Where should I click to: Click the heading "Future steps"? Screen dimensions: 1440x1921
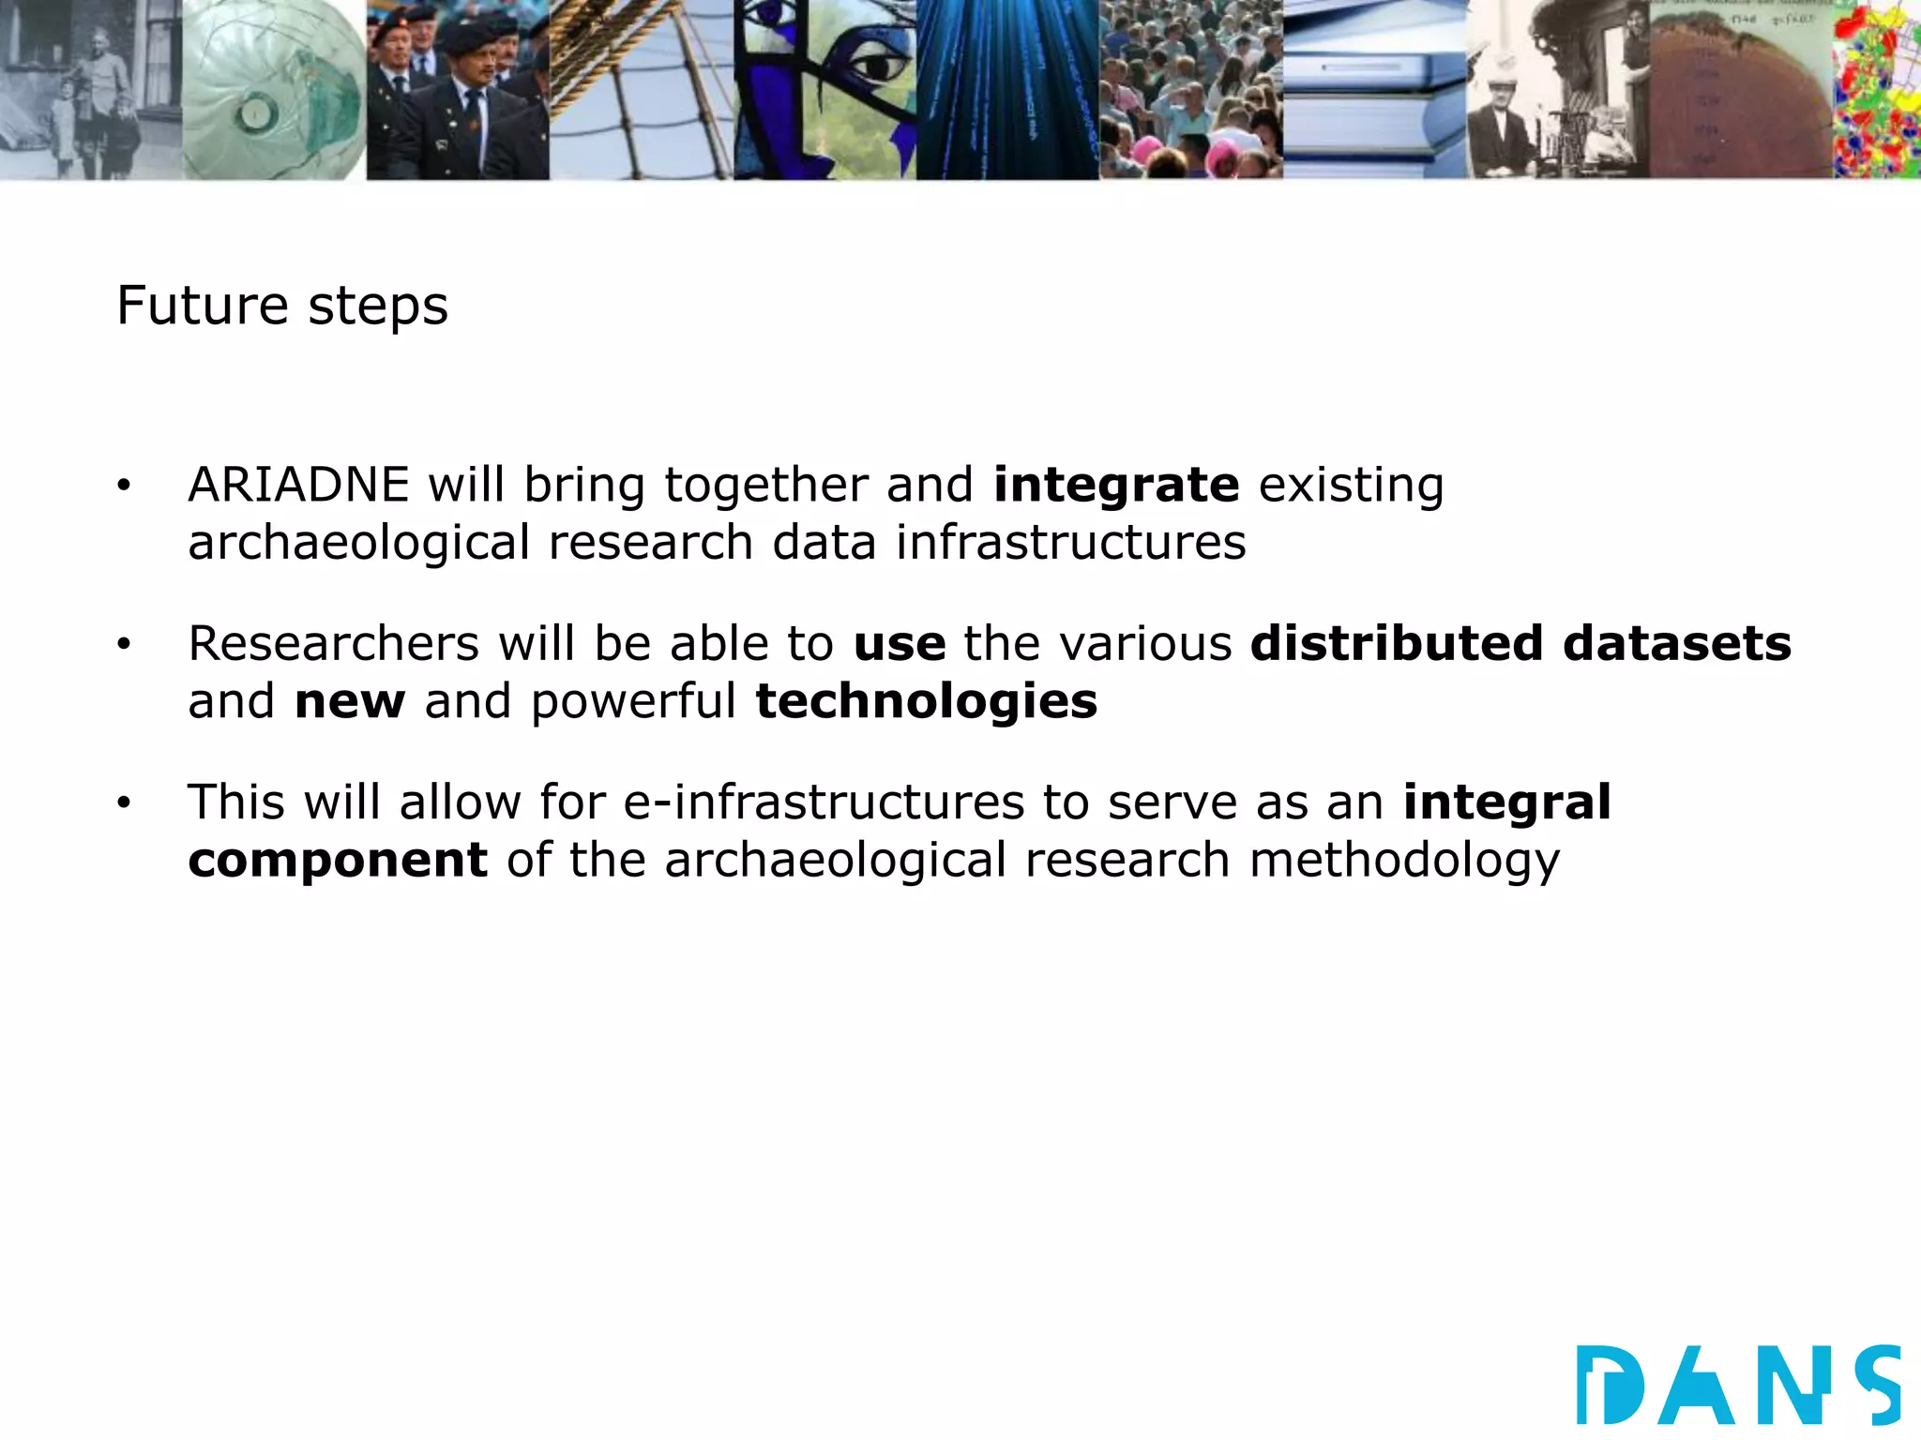(282, 306)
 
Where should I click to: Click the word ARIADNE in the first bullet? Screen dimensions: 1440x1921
(298, 485)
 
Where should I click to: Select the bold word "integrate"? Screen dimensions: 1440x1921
(1116, 485)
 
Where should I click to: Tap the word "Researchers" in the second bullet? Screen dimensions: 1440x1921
(334, 643)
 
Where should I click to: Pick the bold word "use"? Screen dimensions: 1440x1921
(900, 643)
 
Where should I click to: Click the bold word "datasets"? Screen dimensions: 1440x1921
(1677, 643)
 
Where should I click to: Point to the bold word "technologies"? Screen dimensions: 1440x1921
(926, 701)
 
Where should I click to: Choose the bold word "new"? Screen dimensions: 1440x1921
(350, 701)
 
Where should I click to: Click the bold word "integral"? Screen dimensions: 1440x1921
(1506, 802)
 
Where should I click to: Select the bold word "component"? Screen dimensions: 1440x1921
(338, 860)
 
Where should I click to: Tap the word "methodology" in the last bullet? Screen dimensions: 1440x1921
(1404, 860)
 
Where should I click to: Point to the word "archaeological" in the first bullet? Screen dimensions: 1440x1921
(359, 543)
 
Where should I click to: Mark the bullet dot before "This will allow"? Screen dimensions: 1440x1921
(124, 803)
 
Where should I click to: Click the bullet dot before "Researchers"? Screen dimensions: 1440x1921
(124, 644)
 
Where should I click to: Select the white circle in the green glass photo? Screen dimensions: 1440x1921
(253, 114)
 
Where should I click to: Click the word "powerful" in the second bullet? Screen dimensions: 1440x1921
(633, 701)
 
